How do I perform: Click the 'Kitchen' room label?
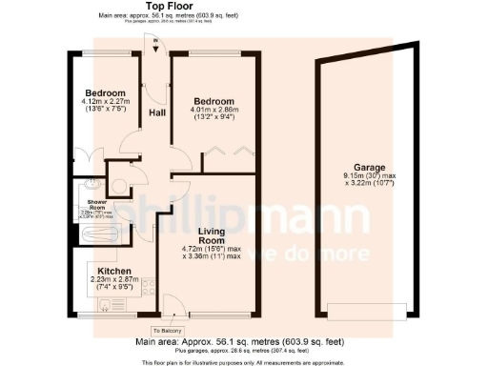coord(113,271)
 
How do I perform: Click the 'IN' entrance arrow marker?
coord(153,41)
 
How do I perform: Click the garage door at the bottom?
coord(364,310)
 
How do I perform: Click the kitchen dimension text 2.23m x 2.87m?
coord(113,278)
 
